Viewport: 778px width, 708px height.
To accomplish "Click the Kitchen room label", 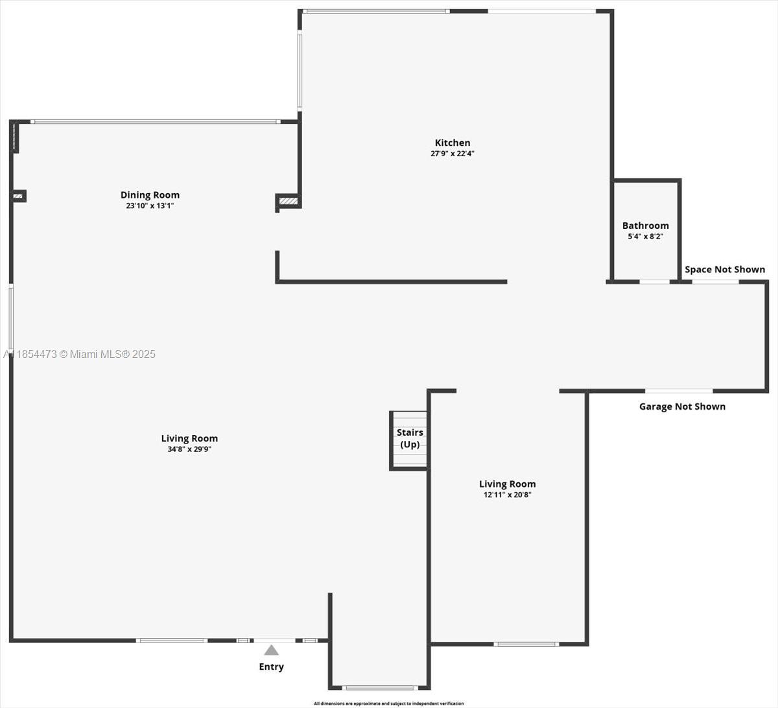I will pos(453,143).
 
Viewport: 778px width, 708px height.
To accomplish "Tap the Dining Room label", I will pos(150,195).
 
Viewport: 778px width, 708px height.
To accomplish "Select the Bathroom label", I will pos(645,226).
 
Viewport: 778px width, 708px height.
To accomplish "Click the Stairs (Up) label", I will pos(410,438).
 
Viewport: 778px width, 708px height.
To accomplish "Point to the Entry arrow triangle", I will pos(271,650).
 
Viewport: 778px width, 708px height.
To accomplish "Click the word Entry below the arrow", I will pos(271,667).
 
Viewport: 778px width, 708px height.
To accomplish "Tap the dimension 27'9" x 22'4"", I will pos(453,154).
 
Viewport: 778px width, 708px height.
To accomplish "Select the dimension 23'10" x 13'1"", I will pos(150,206).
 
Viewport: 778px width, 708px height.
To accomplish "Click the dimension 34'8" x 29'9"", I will pos(189,449).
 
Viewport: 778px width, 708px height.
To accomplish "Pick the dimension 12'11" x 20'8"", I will pos(507,495).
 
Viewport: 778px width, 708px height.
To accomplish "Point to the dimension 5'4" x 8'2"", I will pos(645,237).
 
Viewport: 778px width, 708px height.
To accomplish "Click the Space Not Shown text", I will pos(725,269).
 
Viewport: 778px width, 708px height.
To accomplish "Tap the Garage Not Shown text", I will pos(682,407).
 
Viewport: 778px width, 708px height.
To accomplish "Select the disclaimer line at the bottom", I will pos(388,703).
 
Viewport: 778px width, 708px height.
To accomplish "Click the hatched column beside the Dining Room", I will pos(289,202).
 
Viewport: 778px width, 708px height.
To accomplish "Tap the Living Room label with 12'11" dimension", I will pos(507,484).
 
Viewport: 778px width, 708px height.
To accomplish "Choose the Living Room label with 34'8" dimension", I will pos(189,438).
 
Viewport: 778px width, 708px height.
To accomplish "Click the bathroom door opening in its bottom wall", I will pos(655,281).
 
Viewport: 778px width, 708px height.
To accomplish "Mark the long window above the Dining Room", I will pos(156,121).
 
